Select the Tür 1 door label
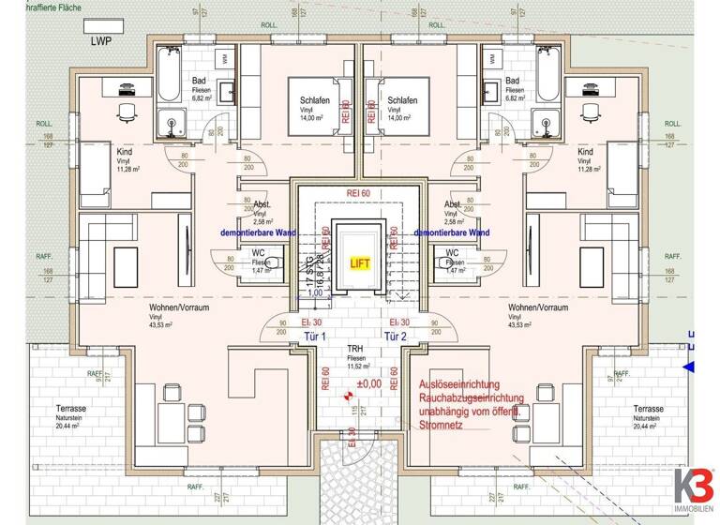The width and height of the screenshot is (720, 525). pyautogui.click(x=316, y=337)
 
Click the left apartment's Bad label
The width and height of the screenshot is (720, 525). pyautogui.click(x=200, y=82)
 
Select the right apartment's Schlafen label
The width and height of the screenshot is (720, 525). pyautogui.click(x=401, y=99)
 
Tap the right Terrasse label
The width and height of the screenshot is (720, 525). pyautogui.click(x=649, y=410)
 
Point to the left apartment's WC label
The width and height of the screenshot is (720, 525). pyautogui.click(x=258, y=252)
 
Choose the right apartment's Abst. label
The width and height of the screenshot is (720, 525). pyautogui.click(x=453, y=204)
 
